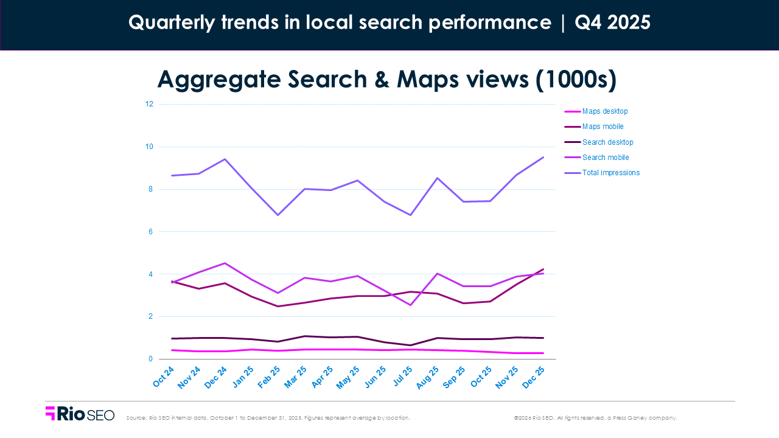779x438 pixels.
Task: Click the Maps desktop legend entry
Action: tap(604, 111)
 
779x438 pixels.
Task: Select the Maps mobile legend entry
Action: tap(603, 127)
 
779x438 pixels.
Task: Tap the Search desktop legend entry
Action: tap(607, 142)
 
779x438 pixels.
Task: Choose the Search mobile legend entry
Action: tap(605, 158)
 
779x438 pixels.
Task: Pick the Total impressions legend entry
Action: tap(610, 173)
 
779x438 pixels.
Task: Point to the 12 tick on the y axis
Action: tap(148, 104)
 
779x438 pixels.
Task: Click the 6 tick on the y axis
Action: tap(150, 232)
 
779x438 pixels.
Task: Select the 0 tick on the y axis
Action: tap(150, 359)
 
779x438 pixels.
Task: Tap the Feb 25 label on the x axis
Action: tap(268, 378)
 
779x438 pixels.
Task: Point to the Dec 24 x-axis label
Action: tap(215, 378)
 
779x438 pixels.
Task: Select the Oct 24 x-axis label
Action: tap(164, 378)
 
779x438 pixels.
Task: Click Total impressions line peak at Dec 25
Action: tap(543, 157)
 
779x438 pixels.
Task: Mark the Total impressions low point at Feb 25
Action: tap(278, 215)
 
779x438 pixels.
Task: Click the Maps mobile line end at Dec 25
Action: tap(543, 269)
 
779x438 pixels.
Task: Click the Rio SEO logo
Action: tap(80, 414)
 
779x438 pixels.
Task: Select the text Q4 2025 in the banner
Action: tap(612, 23)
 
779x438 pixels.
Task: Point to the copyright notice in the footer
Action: tap(595, 418)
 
